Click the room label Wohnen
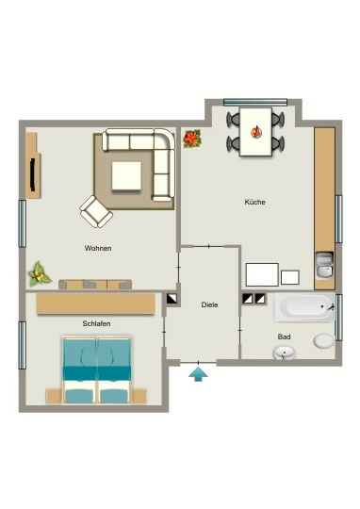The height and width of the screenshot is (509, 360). click(x=98, y=248)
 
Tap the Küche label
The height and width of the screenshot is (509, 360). click(x=254, y=202)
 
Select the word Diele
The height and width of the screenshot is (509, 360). click(x=209, y=304)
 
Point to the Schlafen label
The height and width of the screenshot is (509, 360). click(x=96, y=323)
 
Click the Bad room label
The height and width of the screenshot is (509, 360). click(x=284, y=337)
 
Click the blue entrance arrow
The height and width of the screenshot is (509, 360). click(x=198, y=374)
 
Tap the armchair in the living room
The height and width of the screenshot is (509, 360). click(x=96, y=211)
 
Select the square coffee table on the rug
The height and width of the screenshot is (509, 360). click(x=126, y=176)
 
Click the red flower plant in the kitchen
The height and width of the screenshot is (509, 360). click(x=192, y=139)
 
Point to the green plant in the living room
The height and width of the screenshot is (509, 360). click(x=40, y=274)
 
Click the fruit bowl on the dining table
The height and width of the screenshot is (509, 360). click(x=255, y=131)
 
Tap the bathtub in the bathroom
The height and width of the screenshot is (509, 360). click(x=304, y=307)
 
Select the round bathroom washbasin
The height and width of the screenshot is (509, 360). click(x=285, y=353)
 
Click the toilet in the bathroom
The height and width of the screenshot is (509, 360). click(x=324, y=341)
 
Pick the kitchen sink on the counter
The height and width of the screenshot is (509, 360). click(x=324, y=266)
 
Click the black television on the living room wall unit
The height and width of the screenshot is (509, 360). click(x=32, y=174)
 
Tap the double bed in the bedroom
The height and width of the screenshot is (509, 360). click(x=97, y=370)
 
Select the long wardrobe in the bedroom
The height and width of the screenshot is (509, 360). click(x=96, y=304)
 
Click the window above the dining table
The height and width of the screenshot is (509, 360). click(x=255, y=102)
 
